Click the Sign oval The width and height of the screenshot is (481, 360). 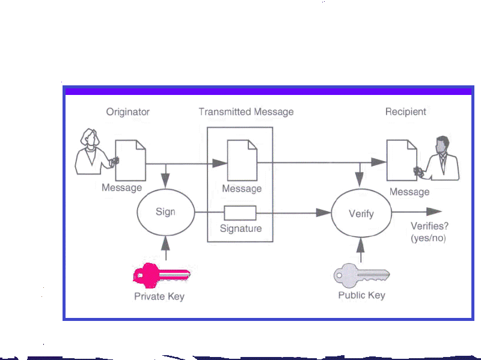pyautogui.click(x=165, y=212)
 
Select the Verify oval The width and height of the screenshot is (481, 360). pyautogui.click(x=361, y=213)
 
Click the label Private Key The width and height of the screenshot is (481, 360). pyautogui.click(x=159, y=296)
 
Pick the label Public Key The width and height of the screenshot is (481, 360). pyautogui.click(x=361, y=295)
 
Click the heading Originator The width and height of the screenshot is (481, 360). pyautogui.click(x=127, y=112)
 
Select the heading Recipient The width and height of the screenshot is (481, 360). pyautogui.click(x=405, y=112)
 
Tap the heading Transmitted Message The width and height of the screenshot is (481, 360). pyautogui.click(x=246, y=112)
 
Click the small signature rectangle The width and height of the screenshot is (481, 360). pyautogui.click(x=240, y=213)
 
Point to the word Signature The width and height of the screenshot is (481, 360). pyautogui.click(x=240, y=229)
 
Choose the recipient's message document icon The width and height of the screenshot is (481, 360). pyautogui.click(x=401, y=160)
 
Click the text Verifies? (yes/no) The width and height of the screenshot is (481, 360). pyautogui.click(x=429, y=233)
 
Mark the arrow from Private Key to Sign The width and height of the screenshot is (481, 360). pyautogui.click(x=165, y=248)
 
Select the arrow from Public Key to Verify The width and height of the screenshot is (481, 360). pyautogui.click(x=361, y=249)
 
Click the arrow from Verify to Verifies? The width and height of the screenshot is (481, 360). pyautogui.click(x=416, y=213)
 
